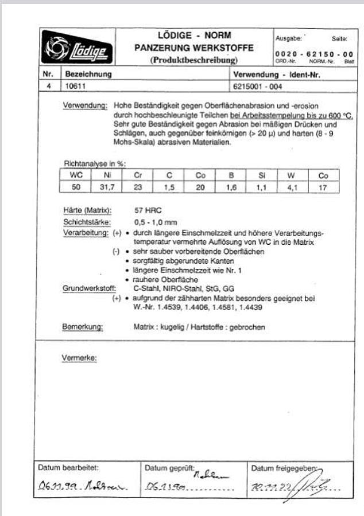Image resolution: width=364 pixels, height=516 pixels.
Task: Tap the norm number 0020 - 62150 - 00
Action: click(311, 53)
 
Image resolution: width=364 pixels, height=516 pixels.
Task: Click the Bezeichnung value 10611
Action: click(75, 87)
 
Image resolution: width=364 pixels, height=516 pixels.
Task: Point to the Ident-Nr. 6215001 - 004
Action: click(258, 87)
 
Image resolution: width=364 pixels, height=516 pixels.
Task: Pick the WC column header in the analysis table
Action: click(76, 176)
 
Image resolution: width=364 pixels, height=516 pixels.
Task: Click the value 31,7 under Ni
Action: click(107, 187)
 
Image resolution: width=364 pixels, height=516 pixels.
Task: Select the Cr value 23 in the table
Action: click(138, 187)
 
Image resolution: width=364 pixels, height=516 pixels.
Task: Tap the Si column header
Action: click(262, 176)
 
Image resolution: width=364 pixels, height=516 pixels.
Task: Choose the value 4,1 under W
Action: click(292, 187)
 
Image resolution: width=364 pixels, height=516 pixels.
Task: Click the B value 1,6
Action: click(230, 187)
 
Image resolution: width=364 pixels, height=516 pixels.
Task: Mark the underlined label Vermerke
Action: click(79, 358)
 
